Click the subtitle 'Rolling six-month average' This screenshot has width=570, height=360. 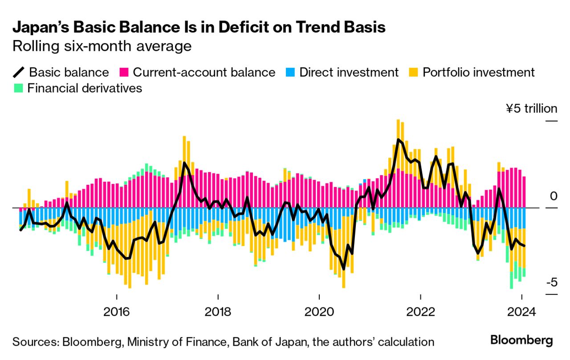102,46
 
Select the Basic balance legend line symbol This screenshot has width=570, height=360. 20,72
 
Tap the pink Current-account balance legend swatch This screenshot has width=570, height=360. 124,72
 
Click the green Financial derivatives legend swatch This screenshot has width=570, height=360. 19,88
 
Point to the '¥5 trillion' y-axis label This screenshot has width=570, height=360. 531,109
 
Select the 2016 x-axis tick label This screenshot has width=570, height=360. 117,311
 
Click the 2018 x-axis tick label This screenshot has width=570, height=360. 218,311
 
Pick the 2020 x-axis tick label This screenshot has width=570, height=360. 319,311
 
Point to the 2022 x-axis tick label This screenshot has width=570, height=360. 420,311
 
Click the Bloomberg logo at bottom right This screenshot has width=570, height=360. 521,340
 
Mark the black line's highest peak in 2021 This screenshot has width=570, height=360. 398,140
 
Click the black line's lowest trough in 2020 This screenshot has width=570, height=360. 344,269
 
